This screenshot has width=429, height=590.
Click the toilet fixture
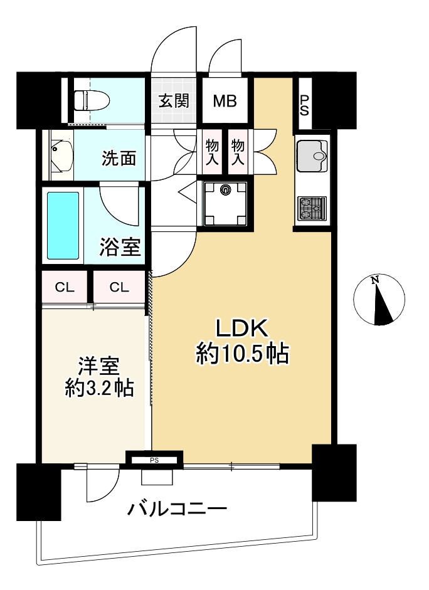coord(92,100)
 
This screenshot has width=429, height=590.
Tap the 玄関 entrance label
coord(174,101)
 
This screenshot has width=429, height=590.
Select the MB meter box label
coord(225,101)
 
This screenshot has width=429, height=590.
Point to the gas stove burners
coord(312,208)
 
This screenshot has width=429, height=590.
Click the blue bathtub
coord(63,226)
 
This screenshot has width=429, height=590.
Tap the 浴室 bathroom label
coord(120,247)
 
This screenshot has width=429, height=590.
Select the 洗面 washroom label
coord(119,159)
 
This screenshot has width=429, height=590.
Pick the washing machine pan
coord(225,204)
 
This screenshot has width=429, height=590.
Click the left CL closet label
coord(65,287)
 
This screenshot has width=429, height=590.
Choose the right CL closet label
coord(119,287)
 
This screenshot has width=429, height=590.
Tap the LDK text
coord(241,328)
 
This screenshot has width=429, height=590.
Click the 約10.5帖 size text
coord(242,354)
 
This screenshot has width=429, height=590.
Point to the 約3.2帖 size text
coord(99,387)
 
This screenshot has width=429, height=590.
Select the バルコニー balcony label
coord(177,510)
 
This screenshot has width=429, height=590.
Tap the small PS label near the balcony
coord(154,460)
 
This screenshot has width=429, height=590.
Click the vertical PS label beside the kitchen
coord(304,105)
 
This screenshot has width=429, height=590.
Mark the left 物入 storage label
coord(212,152)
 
